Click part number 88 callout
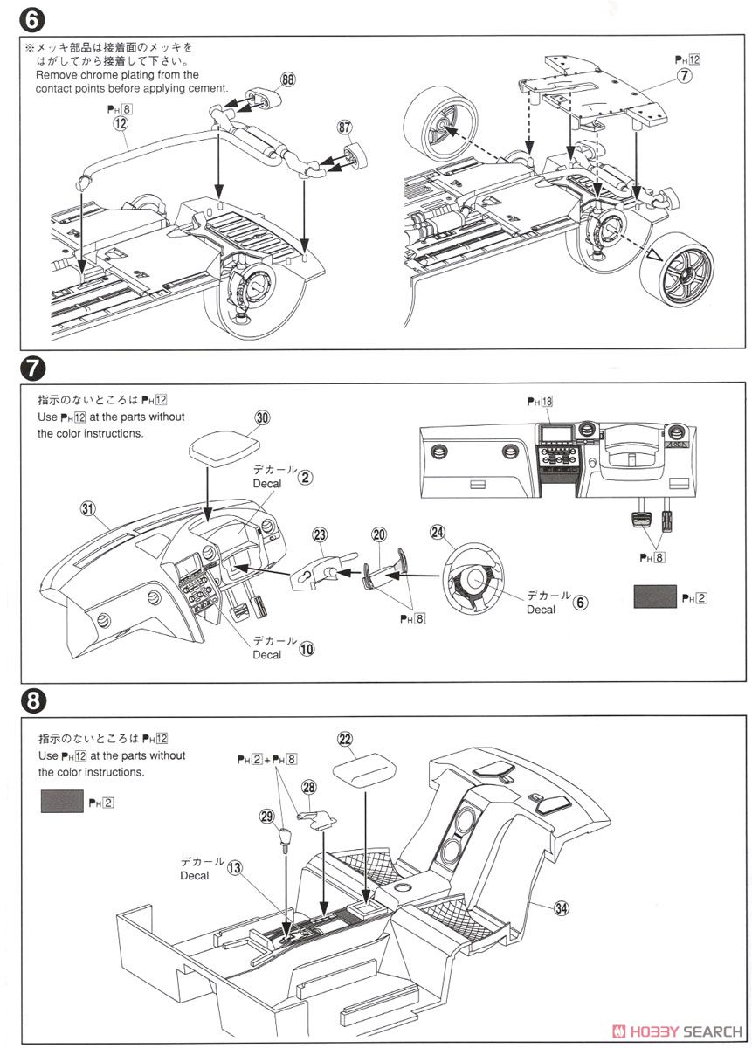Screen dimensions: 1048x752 tap(289, 79)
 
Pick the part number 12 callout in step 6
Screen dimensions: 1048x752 tap(121, 125)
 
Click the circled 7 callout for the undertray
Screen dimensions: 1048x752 tap(684, 77)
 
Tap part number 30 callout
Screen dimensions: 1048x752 tap(262, 418)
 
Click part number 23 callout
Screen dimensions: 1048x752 tap(320, 534)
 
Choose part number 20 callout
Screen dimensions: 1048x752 tap(378, 534)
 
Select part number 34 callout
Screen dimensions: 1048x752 tap(561, 908)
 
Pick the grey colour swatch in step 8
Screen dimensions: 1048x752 tap(61, 801)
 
